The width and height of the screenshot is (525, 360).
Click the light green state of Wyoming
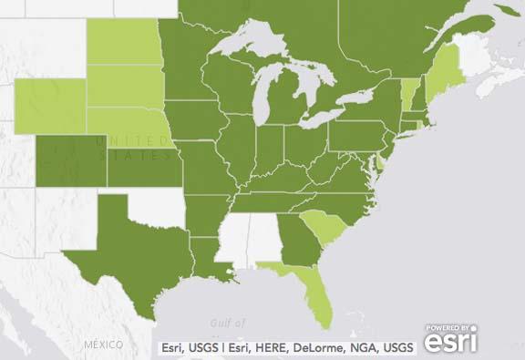pyautogui.click(x=50, y=105)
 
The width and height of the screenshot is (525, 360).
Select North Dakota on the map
pyautogui.click(x=123, y=41)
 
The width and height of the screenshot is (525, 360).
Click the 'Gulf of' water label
pyautogui.click(x=227, y=322)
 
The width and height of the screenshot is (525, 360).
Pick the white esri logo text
pyautogui.click(x=451, y=344)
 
